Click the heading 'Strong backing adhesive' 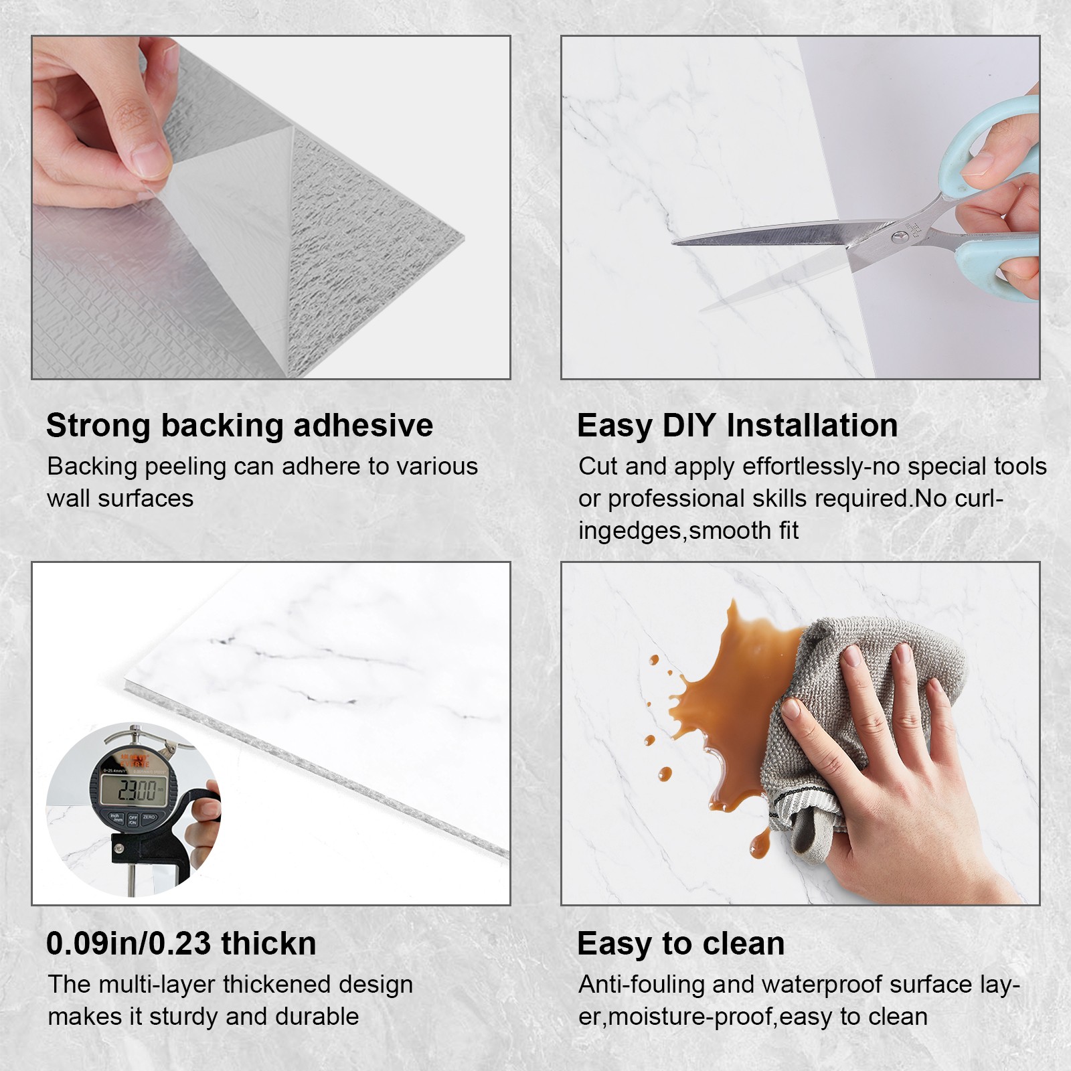point(240,426)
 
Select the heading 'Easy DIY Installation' point(737,426)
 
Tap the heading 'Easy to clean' point(681,944)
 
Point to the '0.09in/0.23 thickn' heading point(181,944)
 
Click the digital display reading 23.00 point(137,791)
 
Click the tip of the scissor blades point(673,242)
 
